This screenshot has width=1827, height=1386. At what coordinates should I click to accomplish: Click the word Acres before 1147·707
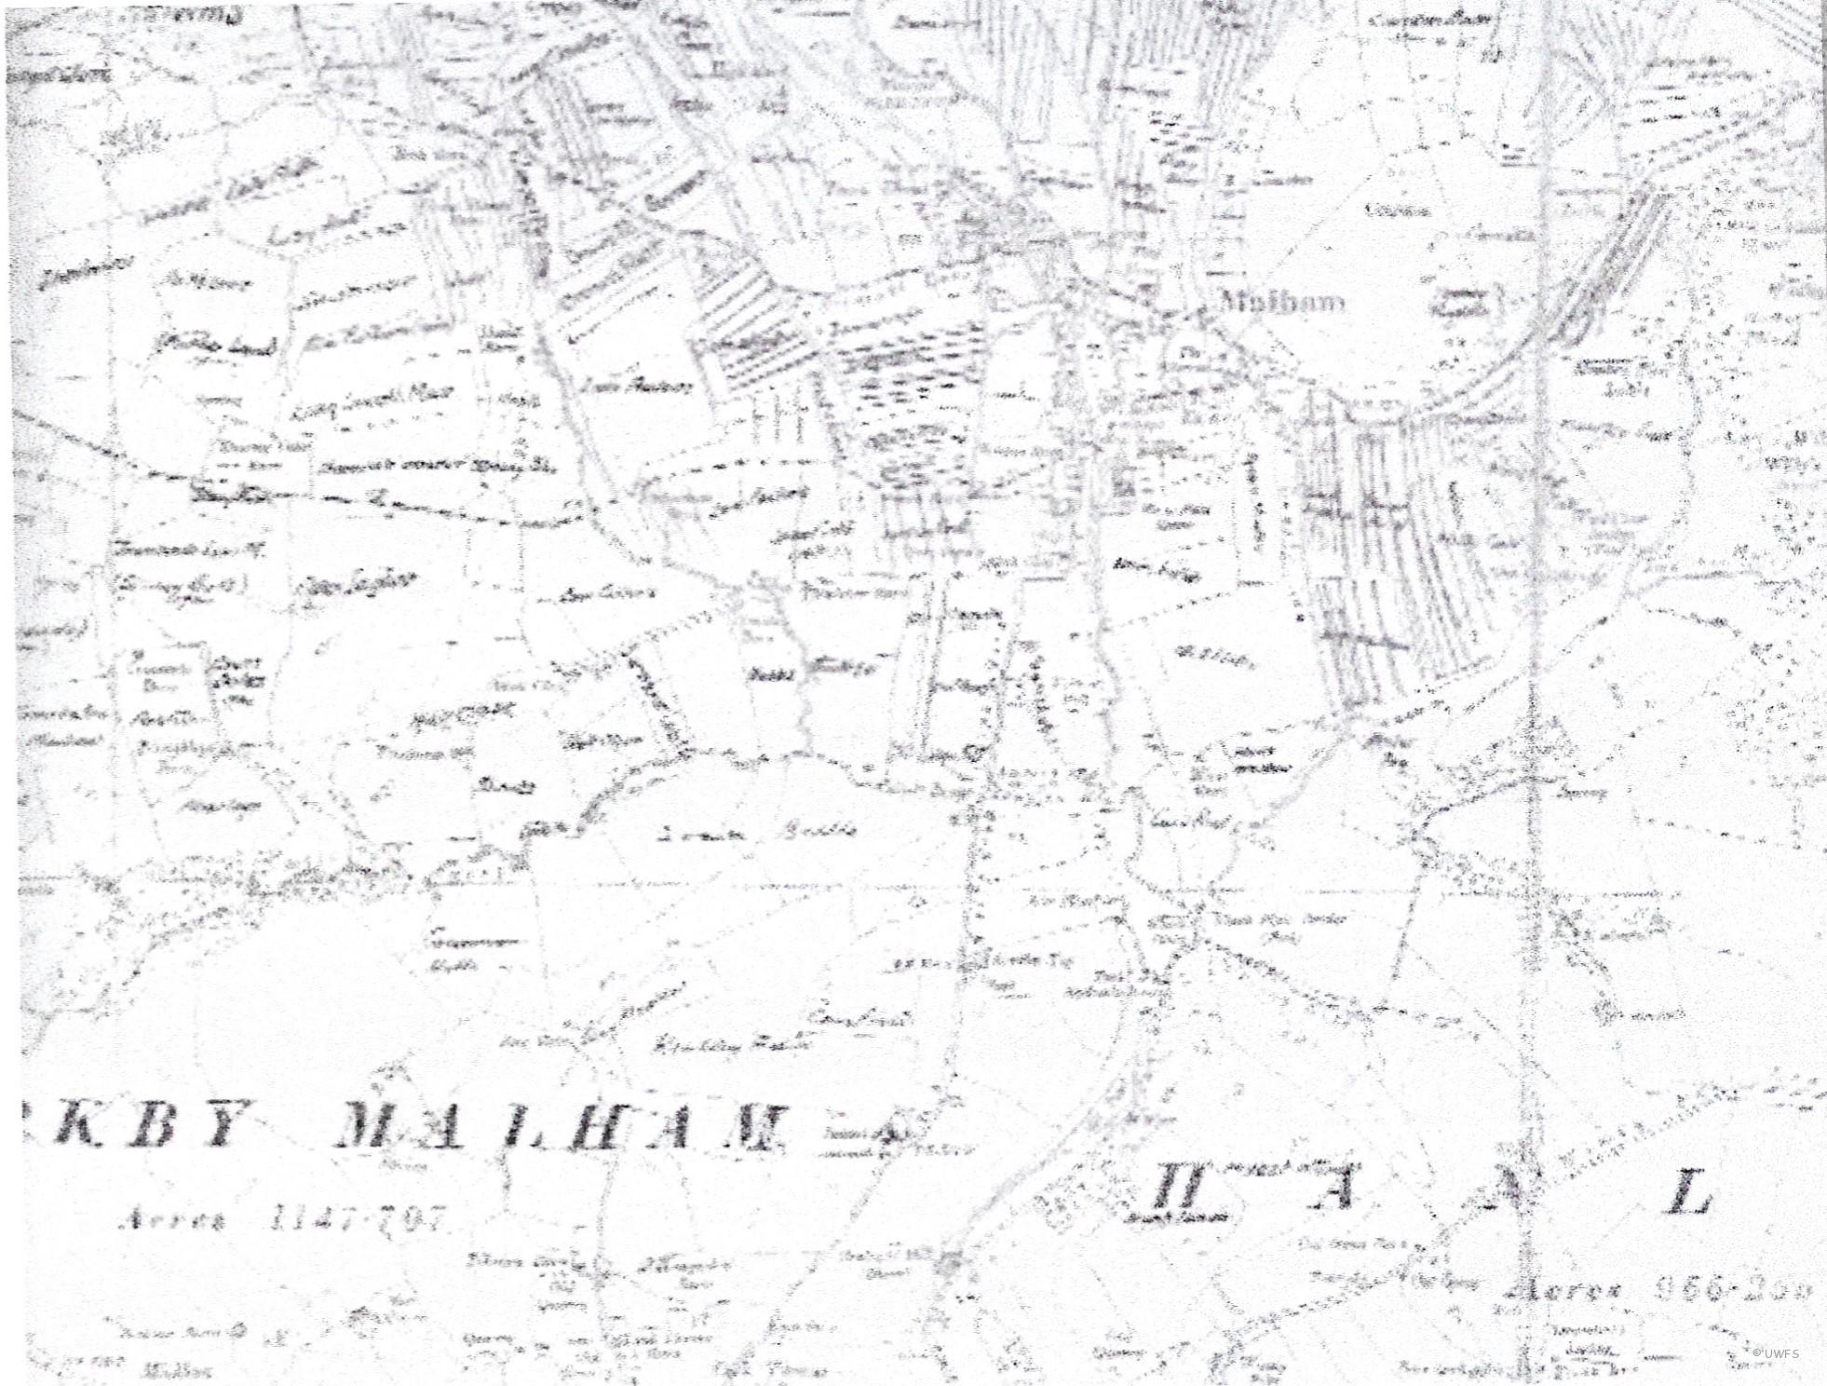pos(173,1220)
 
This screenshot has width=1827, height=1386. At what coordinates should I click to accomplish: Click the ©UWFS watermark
pos(1776,1353)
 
